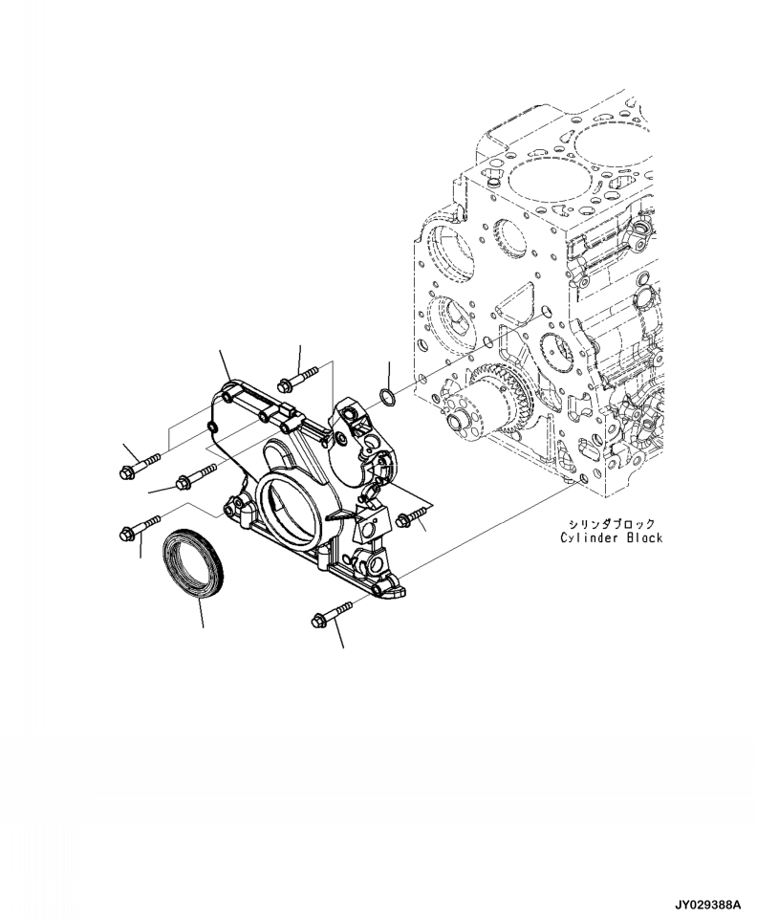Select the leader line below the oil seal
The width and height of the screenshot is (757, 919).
pyautogui.click(x=202, y=617)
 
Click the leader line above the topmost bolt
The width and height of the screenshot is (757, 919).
pyautogui.click(x=299, y=359)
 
